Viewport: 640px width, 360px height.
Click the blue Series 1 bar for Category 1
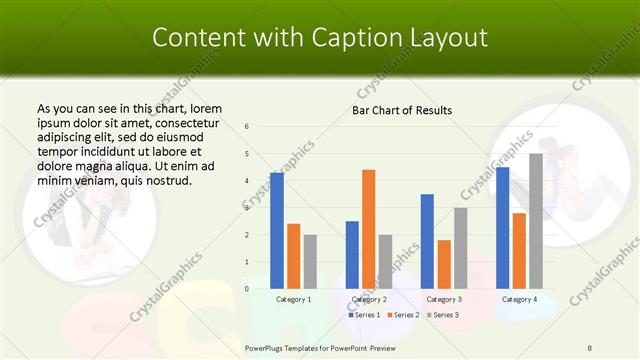277,230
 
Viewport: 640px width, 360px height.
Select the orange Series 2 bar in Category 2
368,229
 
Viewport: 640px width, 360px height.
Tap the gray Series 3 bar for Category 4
535,221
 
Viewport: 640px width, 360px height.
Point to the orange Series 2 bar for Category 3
443,264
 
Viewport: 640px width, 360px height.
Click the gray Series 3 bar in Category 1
310,261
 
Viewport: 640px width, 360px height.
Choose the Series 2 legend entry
402,315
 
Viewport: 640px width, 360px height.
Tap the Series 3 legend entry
441,315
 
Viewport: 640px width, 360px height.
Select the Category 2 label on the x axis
369,299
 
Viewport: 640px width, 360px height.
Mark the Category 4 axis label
519,299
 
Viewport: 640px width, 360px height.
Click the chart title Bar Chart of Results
402,110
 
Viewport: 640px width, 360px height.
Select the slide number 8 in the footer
590,347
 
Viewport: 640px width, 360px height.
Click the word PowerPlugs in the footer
265,347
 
